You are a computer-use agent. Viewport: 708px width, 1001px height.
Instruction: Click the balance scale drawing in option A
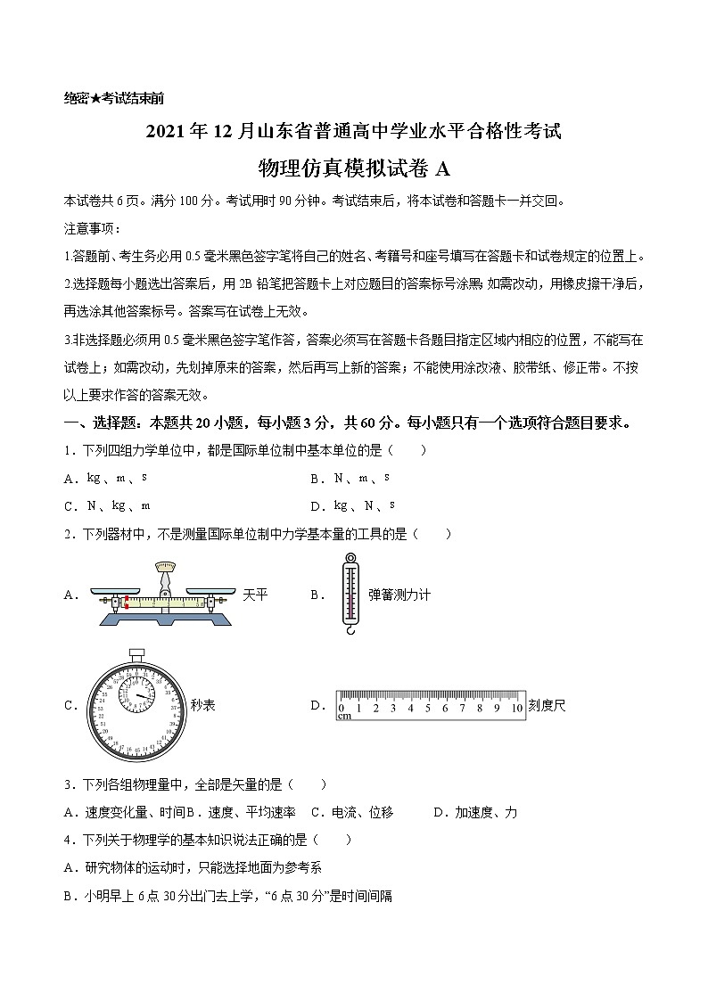163,595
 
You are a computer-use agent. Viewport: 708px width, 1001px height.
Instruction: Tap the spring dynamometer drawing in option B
350,594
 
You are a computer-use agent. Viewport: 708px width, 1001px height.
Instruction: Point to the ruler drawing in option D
430,705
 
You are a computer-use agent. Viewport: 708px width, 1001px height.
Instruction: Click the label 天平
255,595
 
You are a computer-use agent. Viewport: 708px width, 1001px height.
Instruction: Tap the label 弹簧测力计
399,595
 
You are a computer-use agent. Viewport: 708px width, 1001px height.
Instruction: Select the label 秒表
202,705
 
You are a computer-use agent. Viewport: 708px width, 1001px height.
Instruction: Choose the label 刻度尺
547,705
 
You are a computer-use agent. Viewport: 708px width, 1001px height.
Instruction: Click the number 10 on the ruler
516,709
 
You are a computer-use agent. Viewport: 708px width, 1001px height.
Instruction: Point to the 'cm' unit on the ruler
343,716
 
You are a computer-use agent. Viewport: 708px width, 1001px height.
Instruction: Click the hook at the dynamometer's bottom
350,629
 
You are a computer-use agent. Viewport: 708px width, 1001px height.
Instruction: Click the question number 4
69,840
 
